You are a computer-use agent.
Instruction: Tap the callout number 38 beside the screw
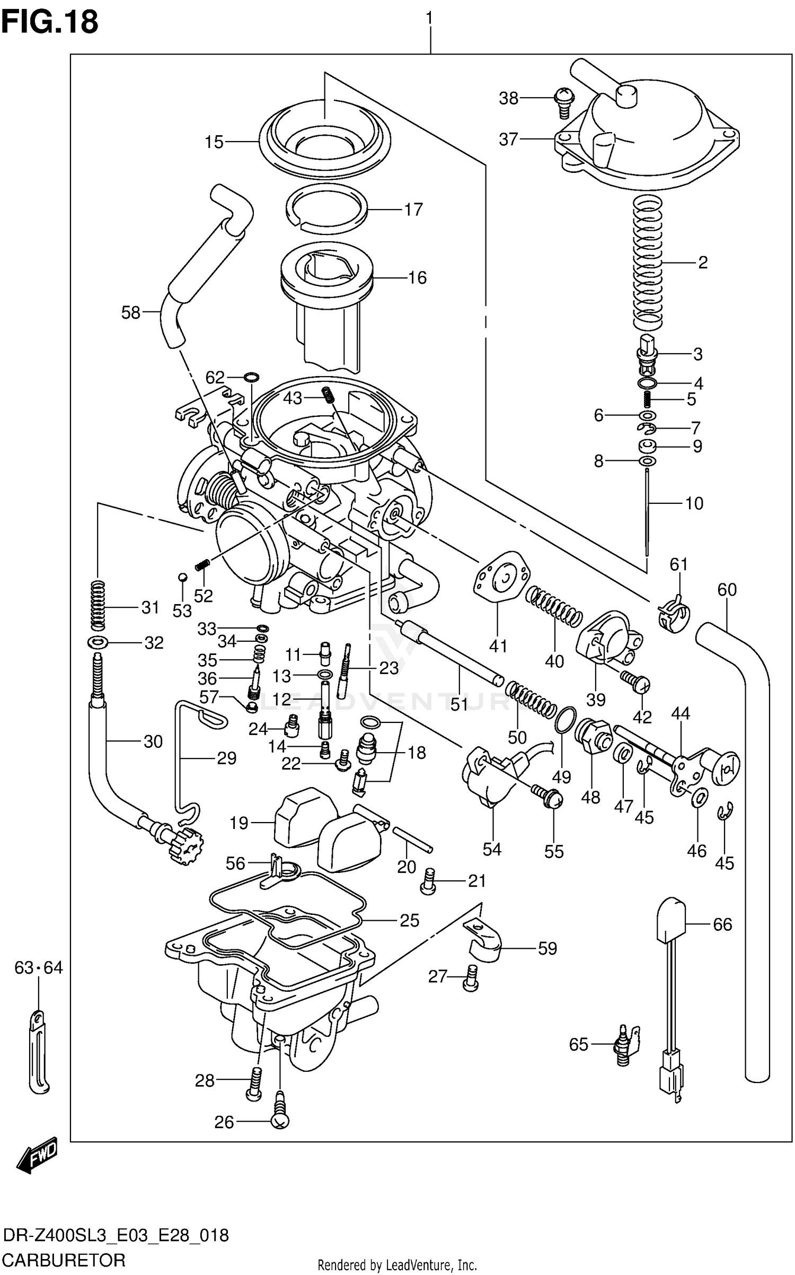coord(508,99)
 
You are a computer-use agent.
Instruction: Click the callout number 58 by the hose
coord(130,313)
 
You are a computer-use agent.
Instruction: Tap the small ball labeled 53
coord(182,577)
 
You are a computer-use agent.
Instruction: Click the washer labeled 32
coord(98,643)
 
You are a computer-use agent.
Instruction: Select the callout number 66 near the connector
coord(722,924)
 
